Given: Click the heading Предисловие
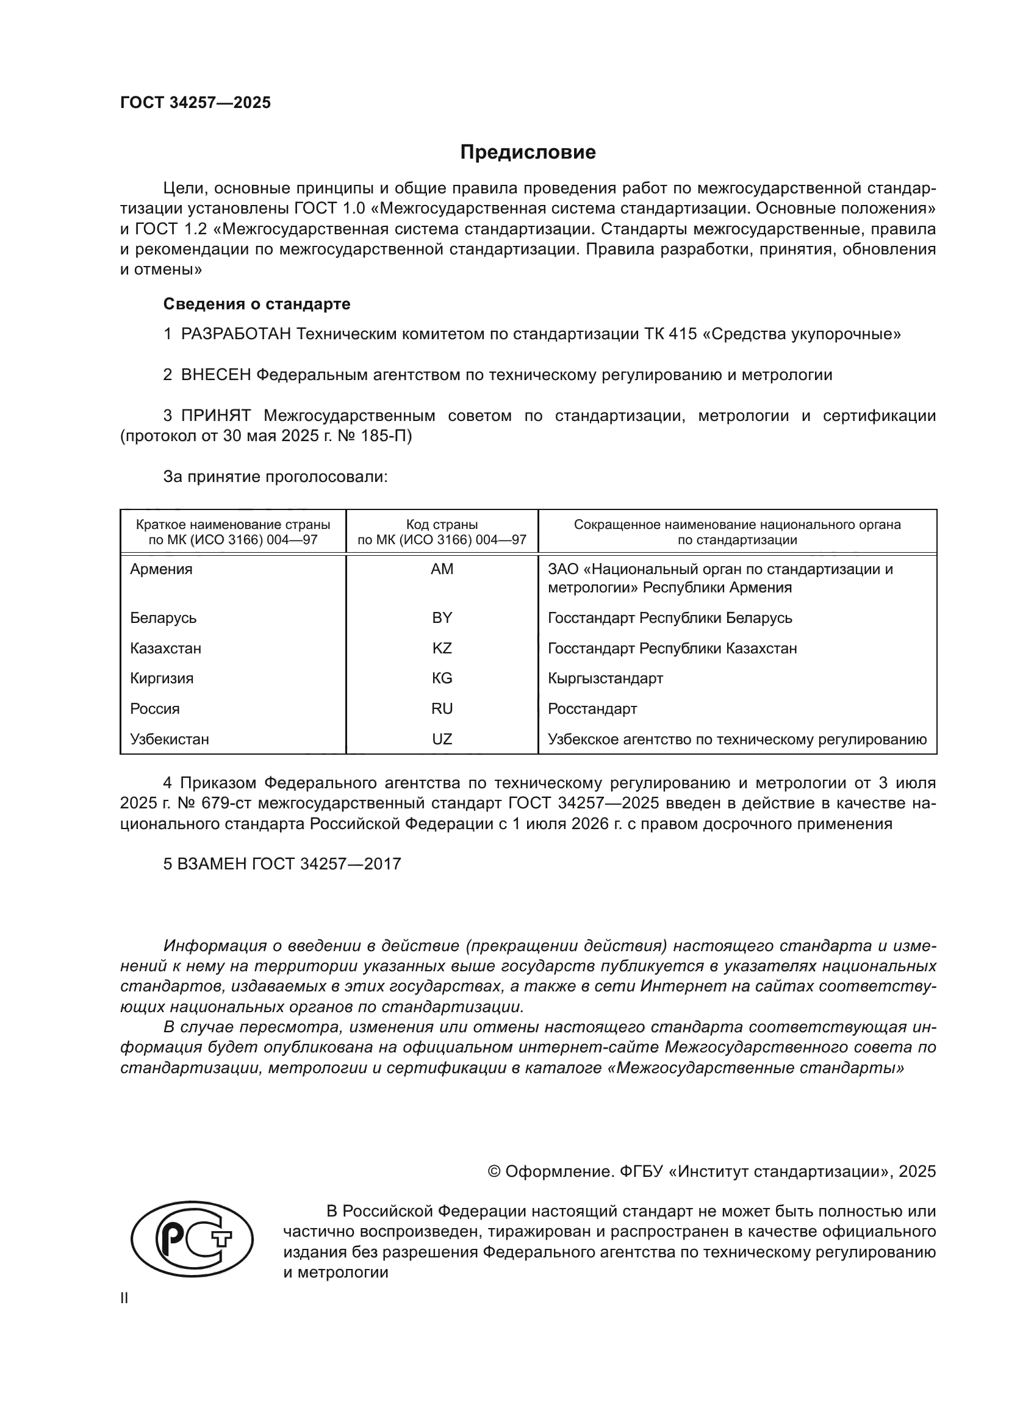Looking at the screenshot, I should click(x=528, y=153).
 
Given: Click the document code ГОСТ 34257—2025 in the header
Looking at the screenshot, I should click(x=196, y=102).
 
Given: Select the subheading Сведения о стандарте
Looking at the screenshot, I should click(x=257, y=304).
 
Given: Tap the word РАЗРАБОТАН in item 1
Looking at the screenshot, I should click(x=236, y=334).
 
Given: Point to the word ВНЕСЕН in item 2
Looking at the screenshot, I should click(x=215, y=375).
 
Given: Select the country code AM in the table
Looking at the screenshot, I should click(x=442, y=569).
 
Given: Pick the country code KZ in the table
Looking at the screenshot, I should click(x=442, y=649).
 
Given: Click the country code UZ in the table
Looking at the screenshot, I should click(x=442, y=739).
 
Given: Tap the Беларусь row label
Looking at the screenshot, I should click(x=163, y=618).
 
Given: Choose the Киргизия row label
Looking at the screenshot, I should click(x=162, y=678).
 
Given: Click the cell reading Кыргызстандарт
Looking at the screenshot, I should click(x=605, y=678).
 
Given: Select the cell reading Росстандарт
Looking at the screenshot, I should click(x=592, y=708).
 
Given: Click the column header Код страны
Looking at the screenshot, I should click(x=442, y=525).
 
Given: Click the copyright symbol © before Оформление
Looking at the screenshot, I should click(x=494, y=1171).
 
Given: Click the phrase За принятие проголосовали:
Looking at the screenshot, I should click(x=275, y=476).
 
